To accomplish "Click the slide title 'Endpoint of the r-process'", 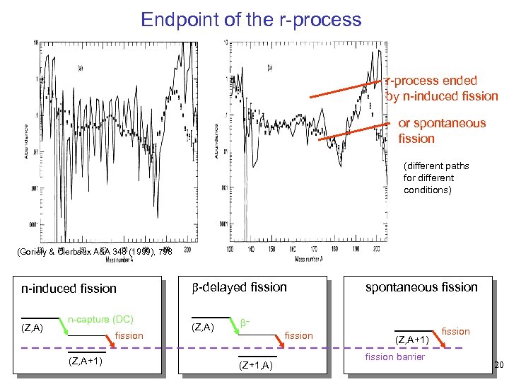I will (251, 19).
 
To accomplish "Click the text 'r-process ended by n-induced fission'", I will (442, 88).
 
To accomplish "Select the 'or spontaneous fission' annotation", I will (442, 131).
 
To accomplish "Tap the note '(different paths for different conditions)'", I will (436, 178).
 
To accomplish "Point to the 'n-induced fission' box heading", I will (69, 288).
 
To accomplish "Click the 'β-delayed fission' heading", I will (240, 286).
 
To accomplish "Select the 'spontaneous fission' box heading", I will (421, 286).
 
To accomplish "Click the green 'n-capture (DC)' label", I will (100, 319).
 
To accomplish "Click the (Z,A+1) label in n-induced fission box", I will (86, 360).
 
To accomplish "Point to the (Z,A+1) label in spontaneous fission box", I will (413, 340).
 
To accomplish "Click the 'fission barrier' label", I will (395, 357).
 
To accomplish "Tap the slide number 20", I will (499, 365).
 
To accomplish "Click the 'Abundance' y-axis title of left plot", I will (27, 141).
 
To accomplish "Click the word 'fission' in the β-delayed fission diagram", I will (298, 335).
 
